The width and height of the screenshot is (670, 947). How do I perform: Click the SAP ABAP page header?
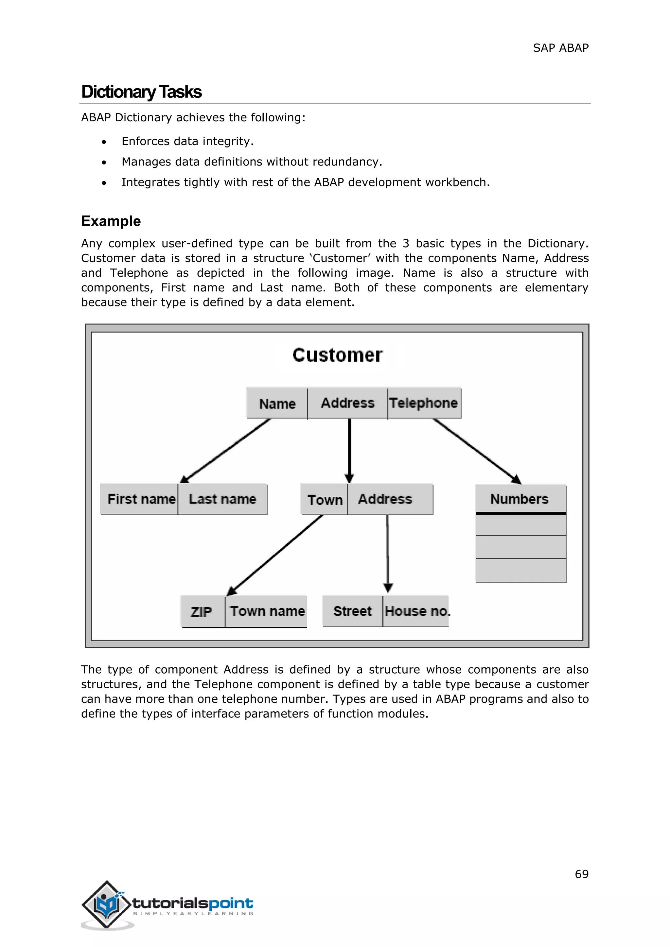(560, 48)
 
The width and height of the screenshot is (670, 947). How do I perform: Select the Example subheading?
(111, 221)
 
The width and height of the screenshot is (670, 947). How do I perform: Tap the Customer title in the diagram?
(338, 355)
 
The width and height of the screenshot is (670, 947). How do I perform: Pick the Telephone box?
(424, 403)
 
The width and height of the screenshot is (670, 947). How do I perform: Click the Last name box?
(223, 499)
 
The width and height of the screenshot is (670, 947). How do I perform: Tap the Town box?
(325, 499)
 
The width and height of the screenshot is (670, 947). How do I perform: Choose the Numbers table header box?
(520, 499)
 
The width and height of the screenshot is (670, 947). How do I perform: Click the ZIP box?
(202, 611)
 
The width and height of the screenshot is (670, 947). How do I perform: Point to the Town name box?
(267, 611)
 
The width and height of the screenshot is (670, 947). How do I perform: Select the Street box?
(352, 611)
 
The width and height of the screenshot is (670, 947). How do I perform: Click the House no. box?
(416, 611)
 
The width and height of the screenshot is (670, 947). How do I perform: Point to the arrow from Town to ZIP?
(275, 555)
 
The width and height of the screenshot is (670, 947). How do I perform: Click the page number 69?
(581, 874)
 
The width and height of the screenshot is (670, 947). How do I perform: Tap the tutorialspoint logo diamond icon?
(106, 904)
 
